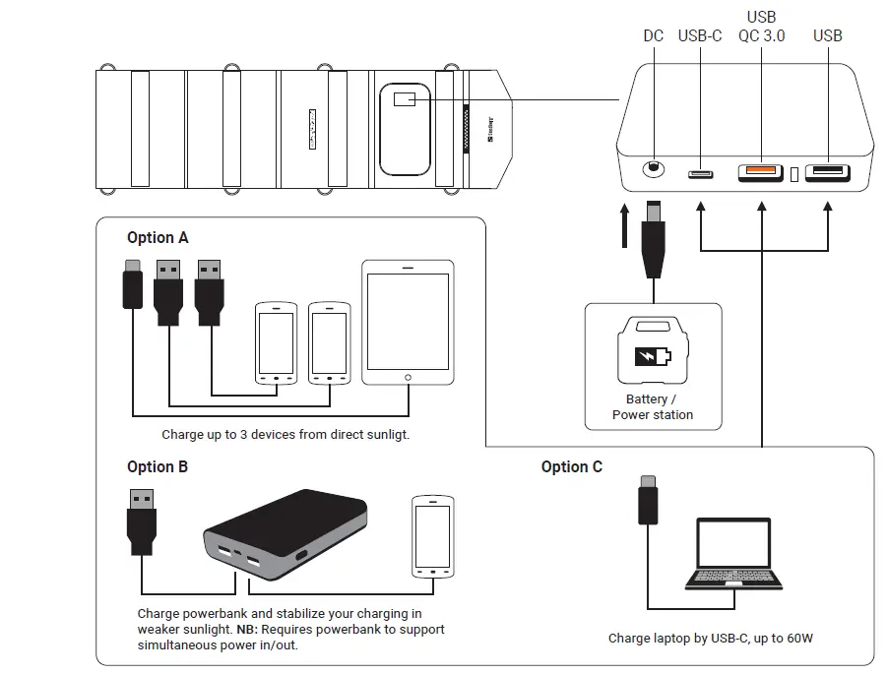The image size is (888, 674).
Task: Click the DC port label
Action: point(654,36)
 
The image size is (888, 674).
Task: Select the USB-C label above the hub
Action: point(700,36)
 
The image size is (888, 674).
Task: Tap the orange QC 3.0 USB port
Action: point(761,172)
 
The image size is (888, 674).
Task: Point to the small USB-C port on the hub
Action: point(701,174)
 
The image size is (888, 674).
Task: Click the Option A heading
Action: point(158,238)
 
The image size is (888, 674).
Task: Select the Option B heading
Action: point(158,466)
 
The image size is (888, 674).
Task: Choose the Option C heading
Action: point(572,466)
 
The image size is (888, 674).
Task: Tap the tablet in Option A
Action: point(408,323)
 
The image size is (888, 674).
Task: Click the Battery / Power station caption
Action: point(653,407)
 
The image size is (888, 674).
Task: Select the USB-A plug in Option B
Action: point(142,522)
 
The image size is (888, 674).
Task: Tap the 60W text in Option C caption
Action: point(798,639)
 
